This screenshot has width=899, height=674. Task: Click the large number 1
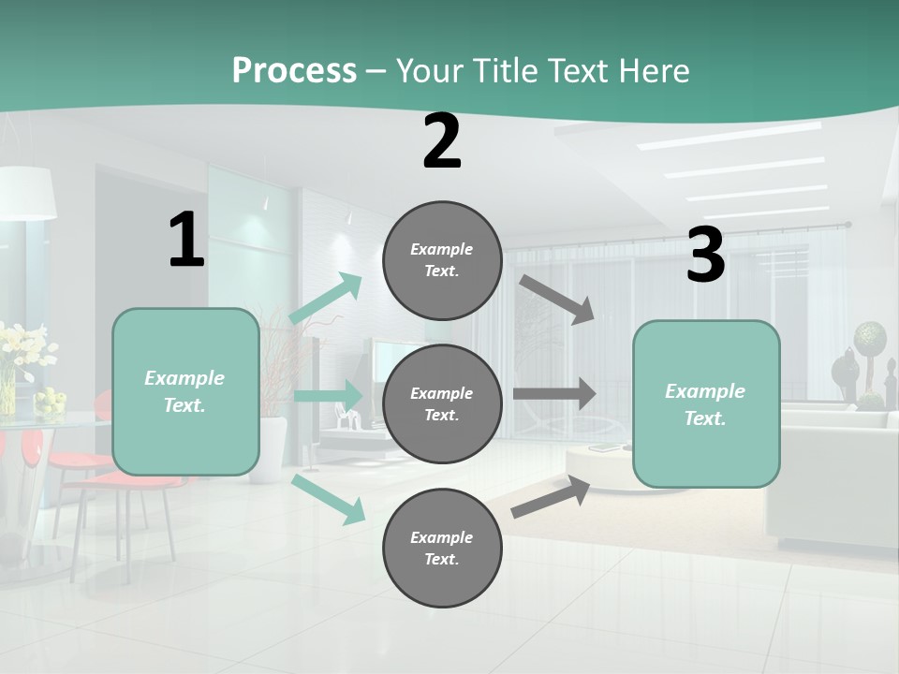[x=186, y=240]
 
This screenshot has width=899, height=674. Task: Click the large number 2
[x=442, y=141]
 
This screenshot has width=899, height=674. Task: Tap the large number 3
[x=705, y=255]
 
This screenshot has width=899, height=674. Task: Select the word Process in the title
[x=294, y=70]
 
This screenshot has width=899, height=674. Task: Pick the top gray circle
[x=442, y=260]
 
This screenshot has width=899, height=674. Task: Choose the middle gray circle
[x=442, y=404]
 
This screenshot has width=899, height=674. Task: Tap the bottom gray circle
[x=442, y=548]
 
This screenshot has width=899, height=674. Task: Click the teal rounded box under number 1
[x=185, y=391]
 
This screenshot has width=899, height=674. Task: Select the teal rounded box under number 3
[x=706, y=404]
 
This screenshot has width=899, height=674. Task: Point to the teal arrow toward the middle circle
[x=328, y=395]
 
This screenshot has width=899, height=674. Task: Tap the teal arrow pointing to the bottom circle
[x=329, y=499]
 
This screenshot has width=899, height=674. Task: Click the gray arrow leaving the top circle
[x=557, y=299]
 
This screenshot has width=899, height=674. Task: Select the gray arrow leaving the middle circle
[x=554, y=393]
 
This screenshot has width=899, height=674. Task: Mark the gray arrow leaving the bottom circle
[x=552, y=497]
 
